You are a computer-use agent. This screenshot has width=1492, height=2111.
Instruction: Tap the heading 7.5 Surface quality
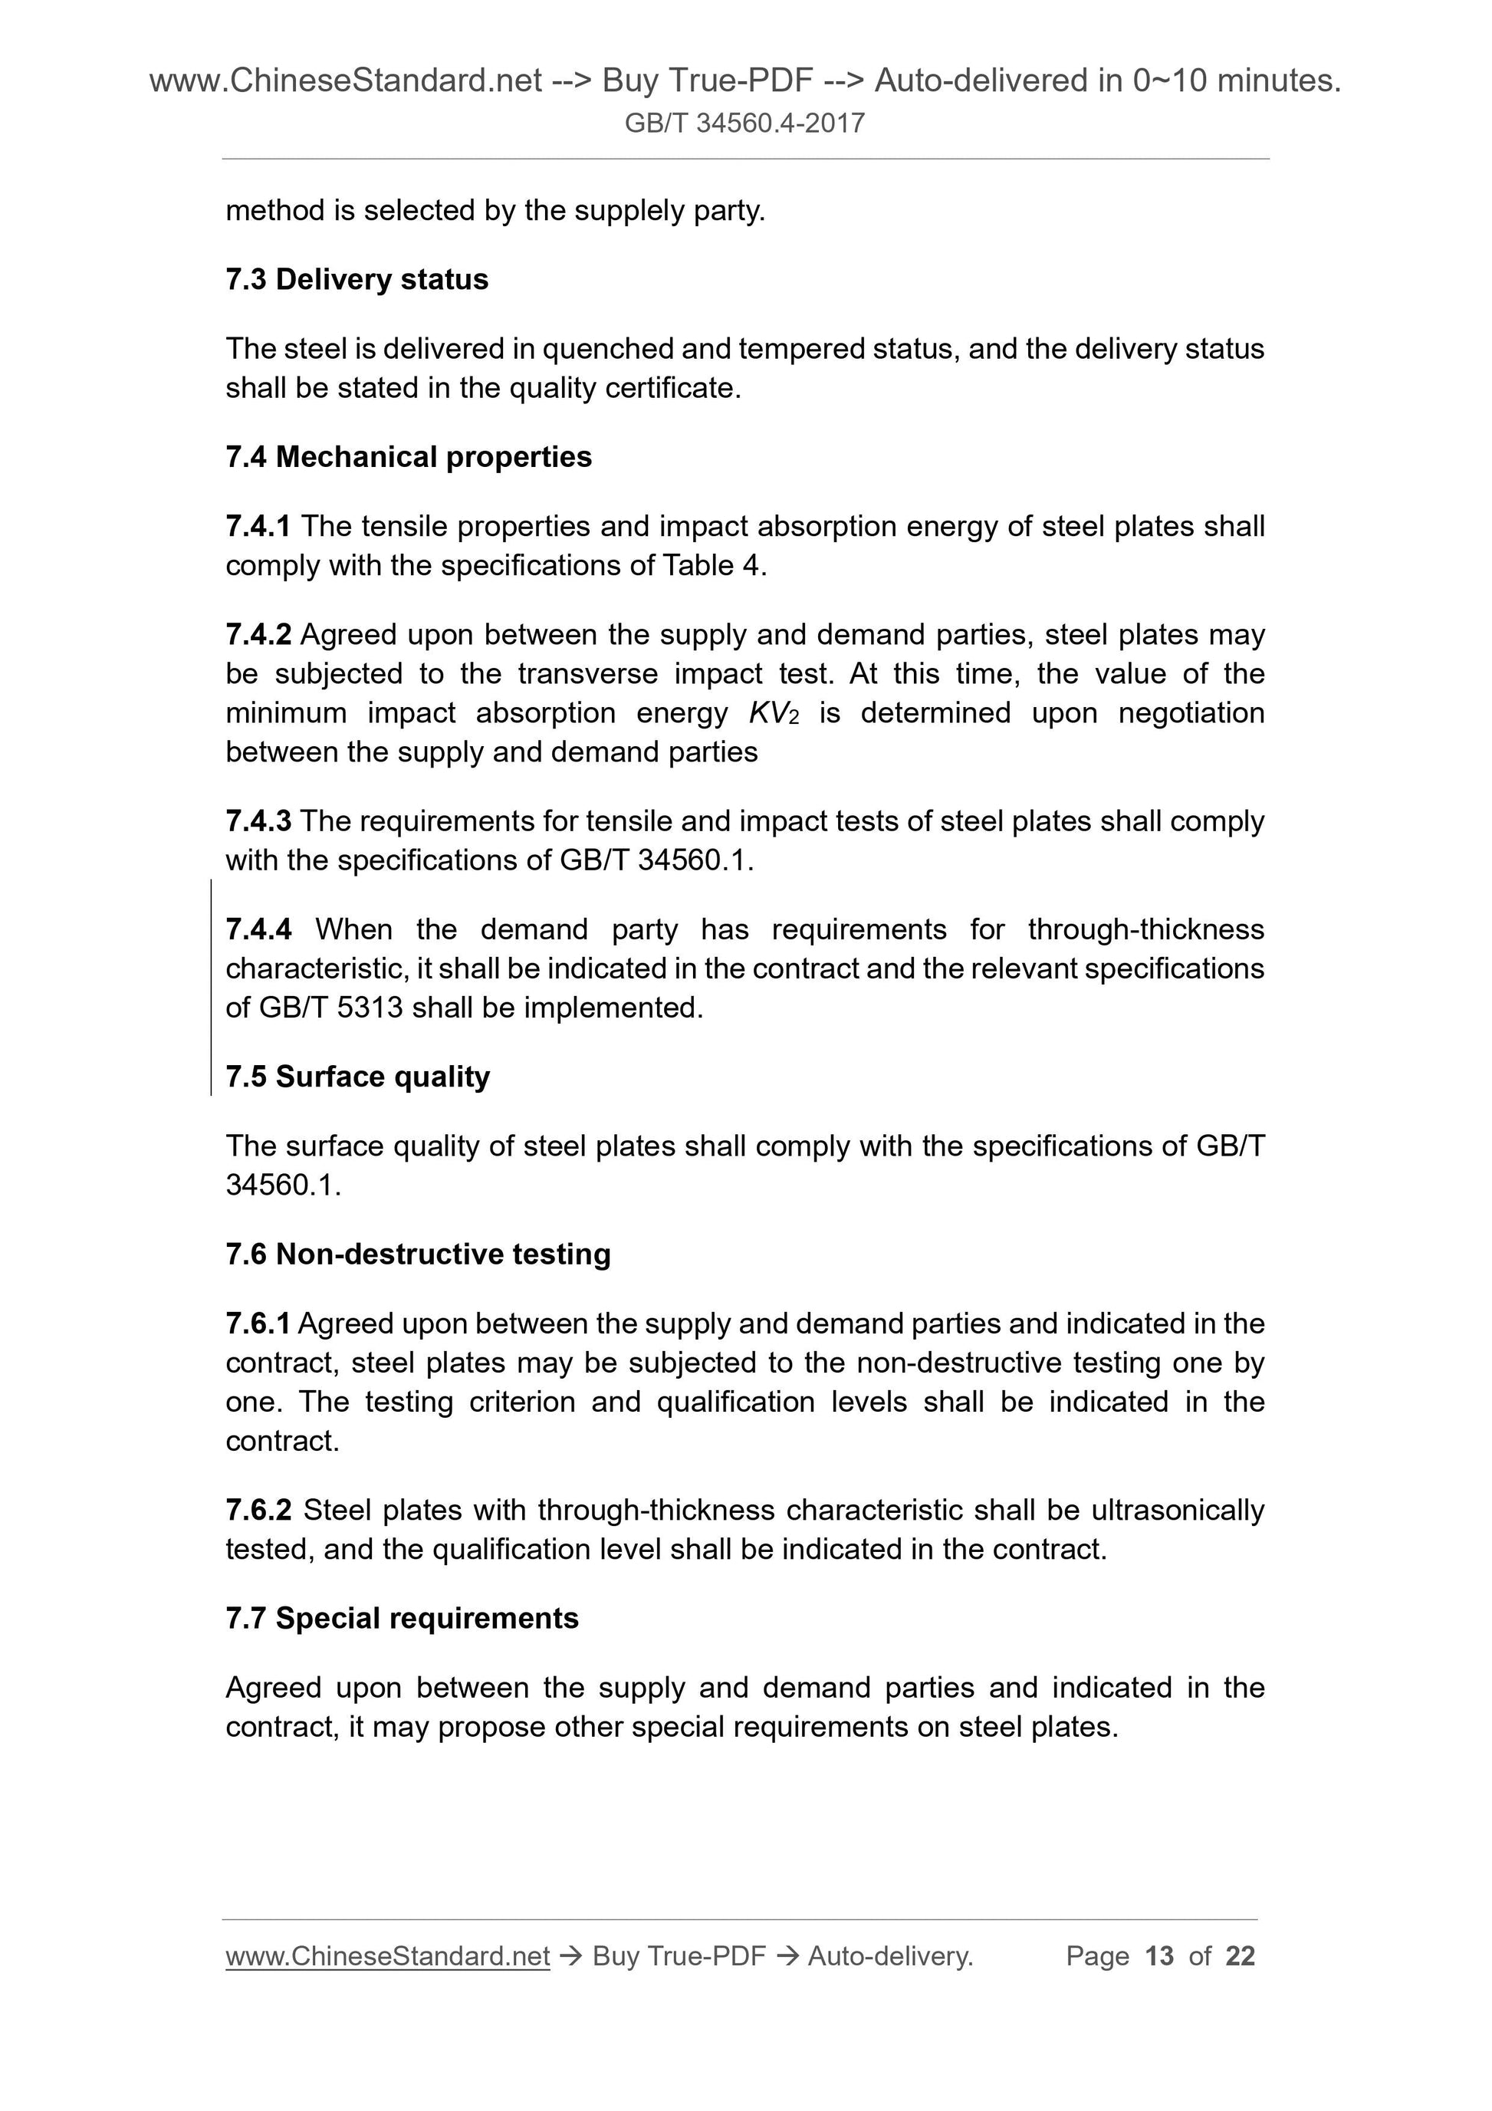(357, 1076)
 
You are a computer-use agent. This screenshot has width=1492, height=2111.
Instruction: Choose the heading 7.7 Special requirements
(402, 1617)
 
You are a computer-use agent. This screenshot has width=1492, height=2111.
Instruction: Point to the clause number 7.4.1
(258, 526)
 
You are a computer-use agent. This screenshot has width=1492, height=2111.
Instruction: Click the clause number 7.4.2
(258, 634)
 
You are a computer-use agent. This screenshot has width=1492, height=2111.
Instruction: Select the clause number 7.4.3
(258, 820)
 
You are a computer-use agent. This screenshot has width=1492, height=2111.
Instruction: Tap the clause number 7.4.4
(258, 929)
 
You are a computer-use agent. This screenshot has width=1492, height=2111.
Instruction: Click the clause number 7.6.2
(258, 1510)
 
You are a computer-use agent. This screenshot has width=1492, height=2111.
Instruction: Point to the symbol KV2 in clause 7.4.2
(774, 713)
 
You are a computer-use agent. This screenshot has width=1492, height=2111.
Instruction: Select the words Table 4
(711, 565)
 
